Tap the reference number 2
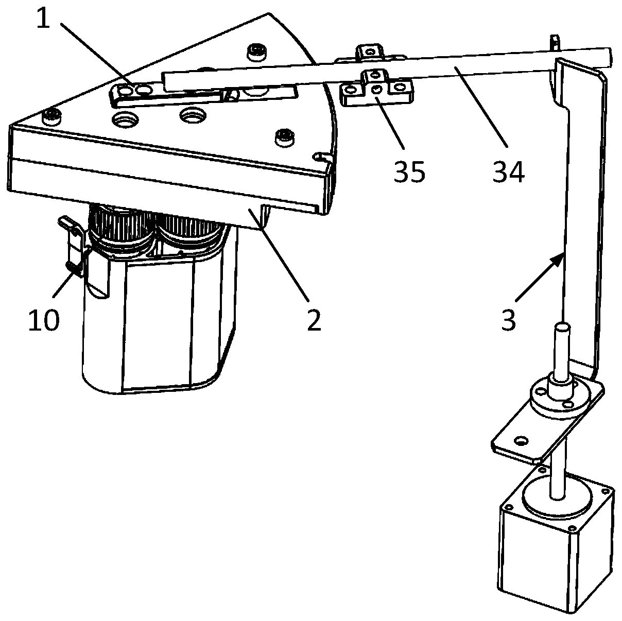(x=313, y=320)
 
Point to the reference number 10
(x=44, y=320)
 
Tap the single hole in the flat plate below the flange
(x=522, y=441)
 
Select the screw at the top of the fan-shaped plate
(x=254, y=50)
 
